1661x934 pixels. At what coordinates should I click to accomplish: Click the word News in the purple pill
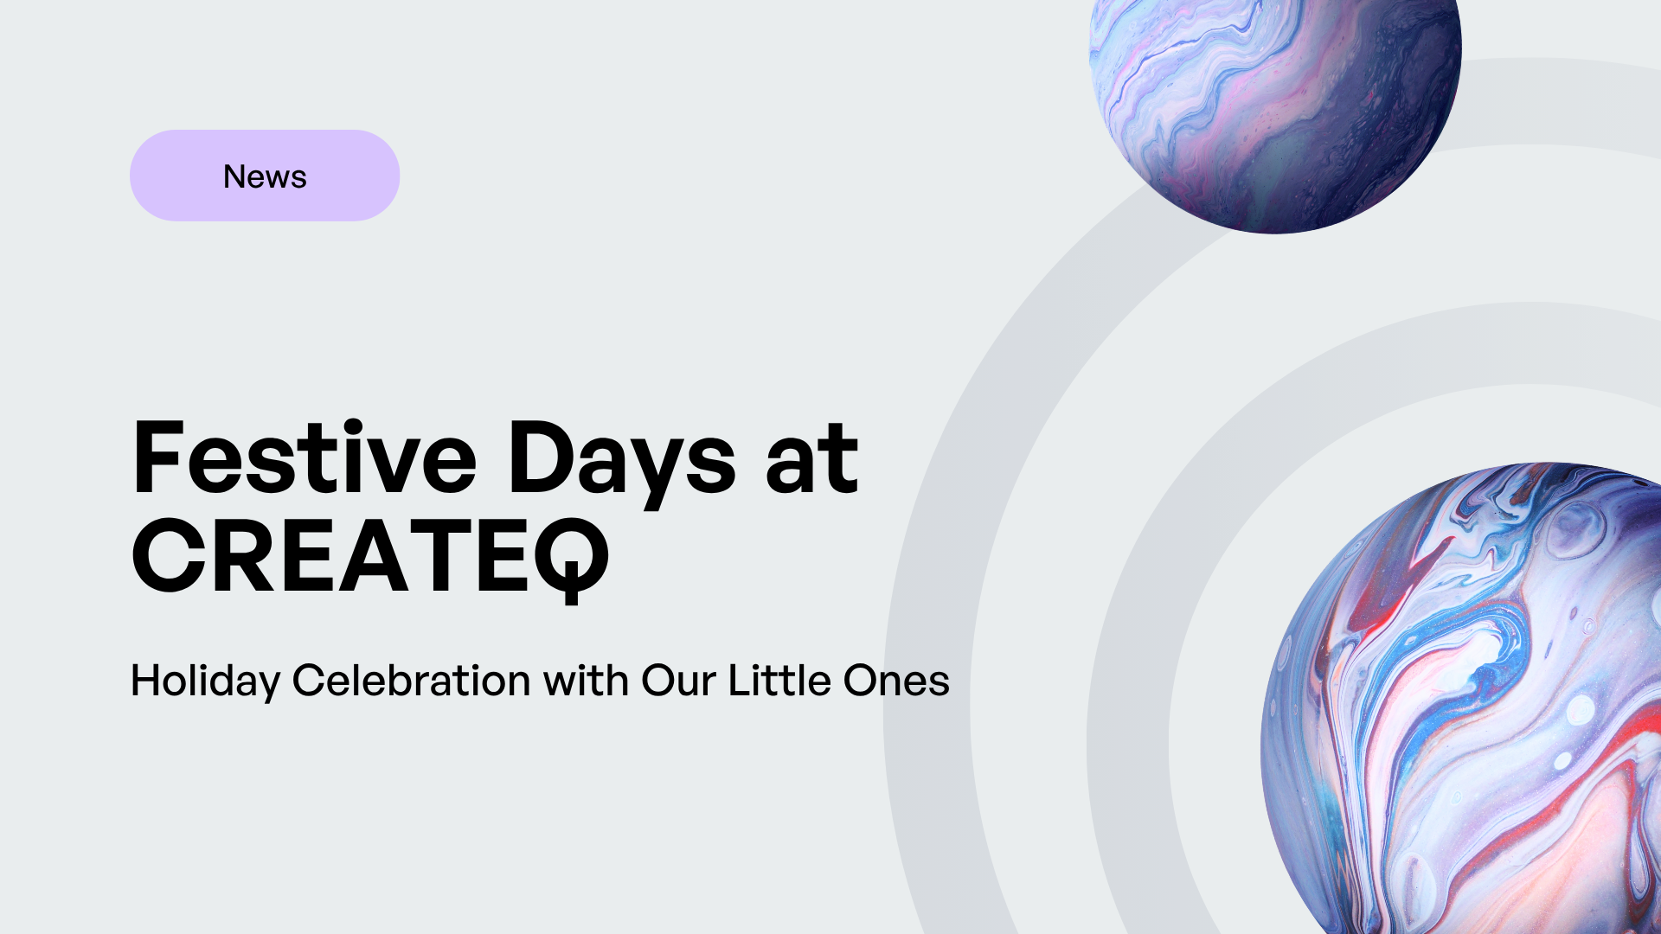pos(265,176)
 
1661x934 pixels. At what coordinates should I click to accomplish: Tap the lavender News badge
pos(265,176)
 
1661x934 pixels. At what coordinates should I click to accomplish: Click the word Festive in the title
pos(304,457)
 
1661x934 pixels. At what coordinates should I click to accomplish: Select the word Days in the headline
pos(621,463)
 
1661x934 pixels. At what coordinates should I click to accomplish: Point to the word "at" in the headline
pos(812,459)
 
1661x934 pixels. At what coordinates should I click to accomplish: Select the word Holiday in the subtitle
pos(205,681)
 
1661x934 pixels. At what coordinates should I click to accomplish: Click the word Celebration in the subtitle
pos(411,681)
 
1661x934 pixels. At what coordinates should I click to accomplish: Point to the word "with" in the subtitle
pos(586,681)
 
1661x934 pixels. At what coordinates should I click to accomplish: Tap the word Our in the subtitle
pos(678,681)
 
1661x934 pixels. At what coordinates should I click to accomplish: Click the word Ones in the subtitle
pos(896,681)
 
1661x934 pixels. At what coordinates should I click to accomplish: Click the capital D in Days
pos(539,457)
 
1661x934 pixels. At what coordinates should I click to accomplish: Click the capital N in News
pos(235,176)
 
